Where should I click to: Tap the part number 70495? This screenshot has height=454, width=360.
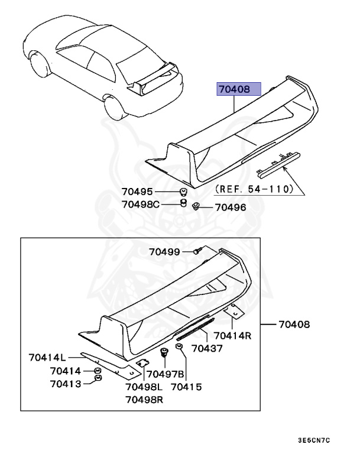pos(137,192)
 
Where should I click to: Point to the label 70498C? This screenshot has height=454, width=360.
pos(141,205)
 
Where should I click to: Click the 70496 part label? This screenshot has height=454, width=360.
pos(230,207)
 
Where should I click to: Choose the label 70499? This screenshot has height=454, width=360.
pos(164,252)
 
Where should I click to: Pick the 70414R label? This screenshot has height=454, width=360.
pos(235,336)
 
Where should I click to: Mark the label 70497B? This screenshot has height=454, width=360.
pos(166,374)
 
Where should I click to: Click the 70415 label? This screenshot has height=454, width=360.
pos(186,387)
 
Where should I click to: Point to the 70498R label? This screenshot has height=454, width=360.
pos(144,400)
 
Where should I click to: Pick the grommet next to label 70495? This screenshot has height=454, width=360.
pos(184,192)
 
